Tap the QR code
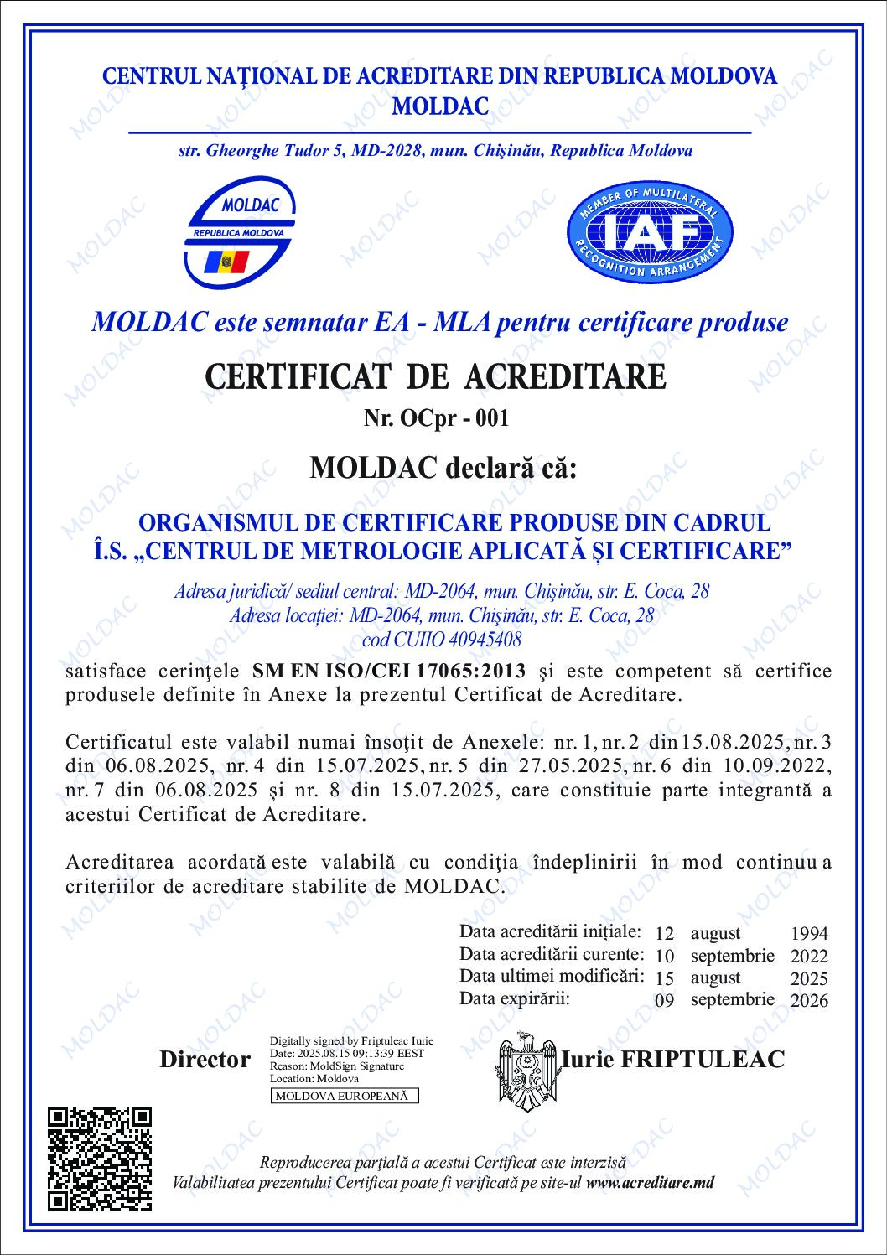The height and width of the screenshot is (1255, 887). pos(100,1159)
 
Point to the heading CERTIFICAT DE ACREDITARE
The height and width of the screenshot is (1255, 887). pos(435,376)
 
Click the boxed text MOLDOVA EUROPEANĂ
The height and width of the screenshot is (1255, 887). pos(345,1096)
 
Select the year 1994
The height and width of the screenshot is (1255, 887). pos(808,933)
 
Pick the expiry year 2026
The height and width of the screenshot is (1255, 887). pos(808,1000)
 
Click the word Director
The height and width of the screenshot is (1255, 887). pos(205,1060)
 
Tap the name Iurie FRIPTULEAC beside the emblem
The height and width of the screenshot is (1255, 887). pos(673,1059)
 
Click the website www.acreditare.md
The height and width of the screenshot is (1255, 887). pos(651,1182)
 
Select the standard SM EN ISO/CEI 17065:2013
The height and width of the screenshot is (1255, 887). pos(389,671)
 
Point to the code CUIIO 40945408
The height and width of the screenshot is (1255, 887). pos(441,640)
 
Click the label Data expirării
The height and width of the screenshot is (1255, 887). pos(514,998)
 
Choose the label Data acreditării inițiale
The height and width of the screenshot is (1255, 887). pos(550,931)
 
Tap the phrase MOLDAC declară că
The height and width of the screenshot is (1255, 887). pos(443,467)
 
